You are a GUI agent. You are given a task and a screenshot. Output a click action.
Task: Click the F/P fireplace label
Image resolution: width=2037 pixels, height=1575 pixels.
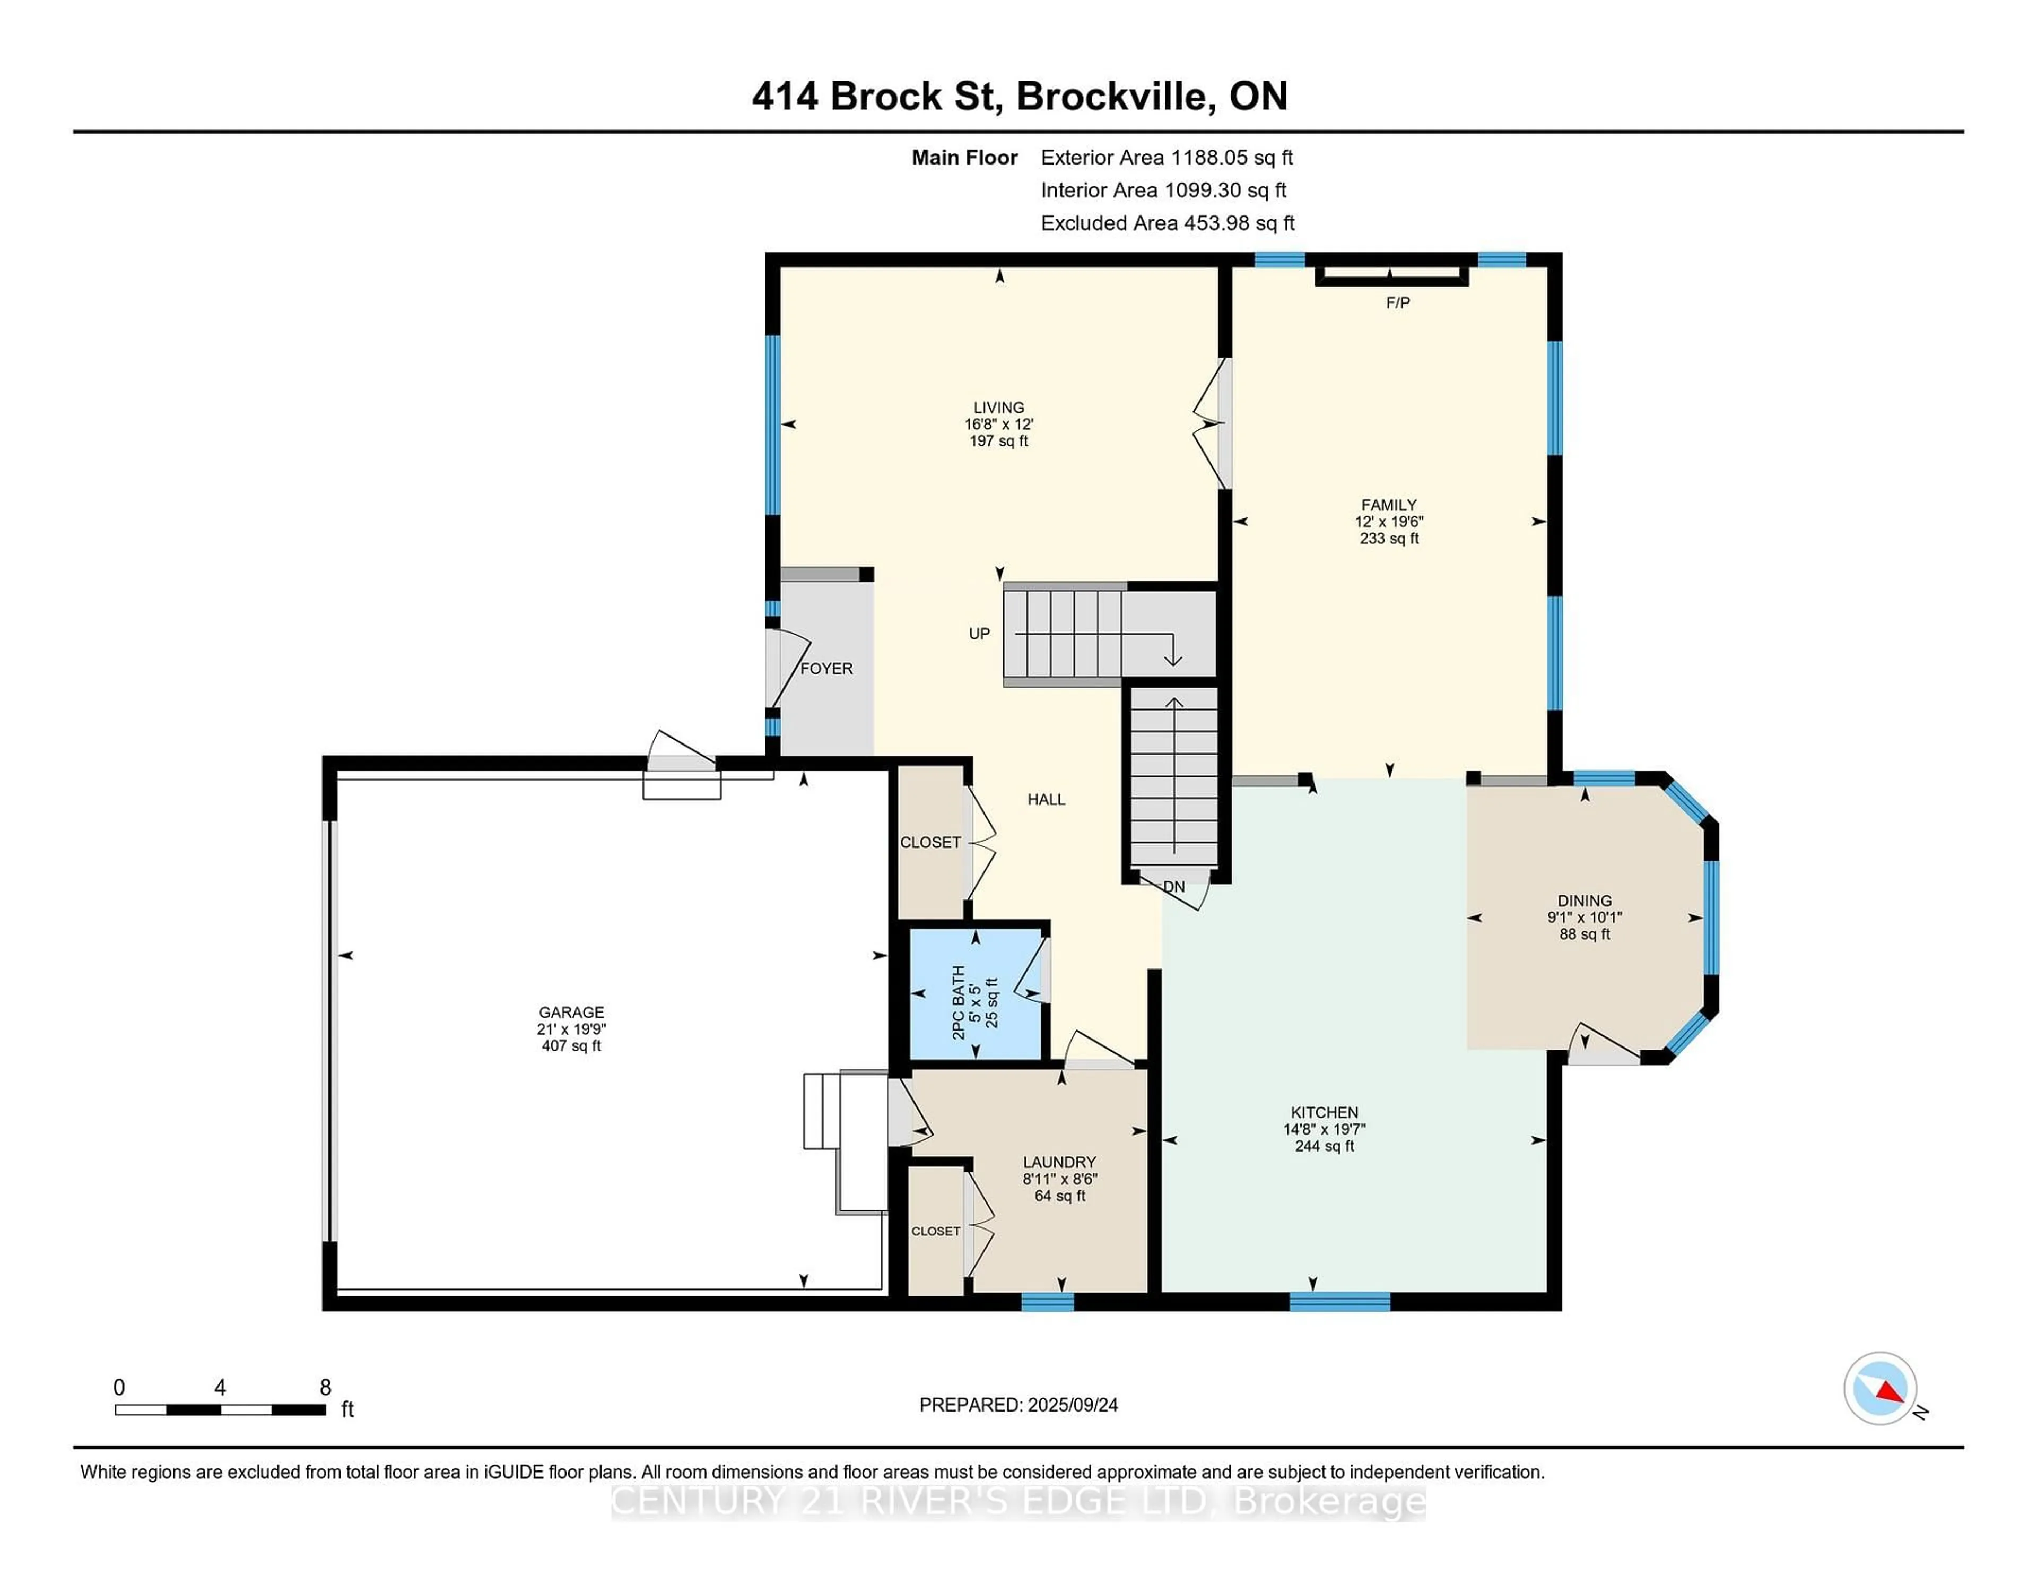pyautogui.click(x=1397, y=302)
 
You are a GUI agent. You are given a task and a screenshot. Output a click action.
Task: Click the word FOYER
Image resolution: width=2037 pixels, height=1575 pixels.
pyautogui.click(x=826, y=668)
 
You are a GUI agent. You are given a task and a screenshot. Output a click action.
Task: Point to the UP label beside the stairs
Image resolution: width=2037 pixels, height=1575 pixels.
pyautogui.click(x=978, y=634)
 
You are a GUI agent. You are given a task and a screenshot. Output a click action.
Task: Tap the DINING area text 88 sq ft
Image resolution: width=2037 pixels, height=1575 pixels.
pyautogui.click(x=1585, y=934)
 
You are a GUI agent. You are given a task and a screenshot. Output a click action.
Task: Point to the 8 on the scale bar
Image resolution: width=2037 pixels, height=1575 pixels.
pyautogui.click(x=326, y=1388)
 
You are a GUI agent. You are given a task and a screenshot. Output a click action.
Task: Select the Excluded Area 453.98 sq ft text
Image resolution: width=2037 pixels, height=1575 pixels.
pyautogui.click(x=1167, y=223)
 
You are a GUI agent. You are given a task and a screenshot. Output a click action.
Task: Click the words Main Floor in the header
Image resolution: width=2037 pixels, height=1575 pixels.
pyautogui.click(x=964, y=158)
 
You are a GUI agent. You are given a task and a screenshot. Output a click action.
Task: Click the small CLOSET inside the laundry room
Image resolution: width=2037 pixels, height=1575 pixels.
pyautogui.click(x=936, y=1232)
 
